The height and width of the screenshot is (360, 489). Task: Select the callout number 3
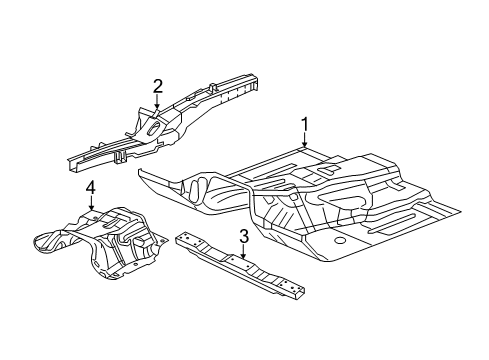[243, 237]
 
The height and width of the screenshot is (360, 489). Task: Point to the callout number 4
[90, 186]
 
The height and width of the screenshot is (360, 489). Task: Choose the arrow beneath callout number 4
[90, 205]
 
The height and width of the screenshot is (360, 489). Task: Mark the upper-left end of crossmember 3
[181, 237]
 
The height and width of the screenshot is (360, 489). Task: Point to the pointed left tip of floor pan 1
[143, 171]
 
